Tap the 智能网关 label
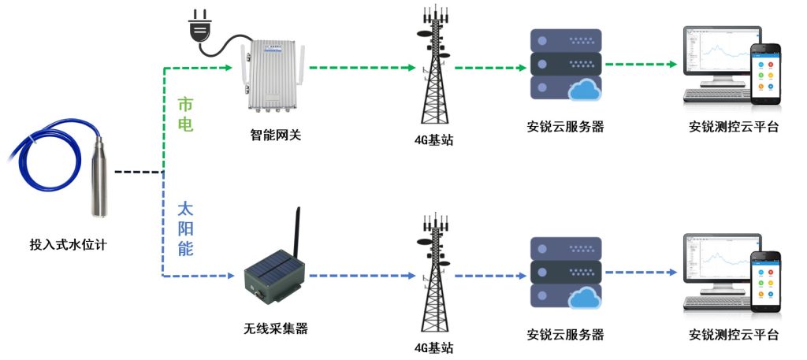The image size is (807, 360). tap(270, 135)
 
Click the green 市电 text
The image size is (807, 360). tap(184, 114)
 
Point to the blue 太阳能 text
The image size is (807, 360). tap(184, 229)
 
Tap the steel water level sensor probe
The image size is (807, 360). tap(100, 177)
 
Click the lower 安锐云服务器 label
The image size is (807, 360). tap(565, 334)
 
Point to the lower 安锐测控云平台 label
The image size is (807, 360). tap(733, 334)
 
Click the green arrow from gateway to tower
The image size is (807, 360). tap(363, 69)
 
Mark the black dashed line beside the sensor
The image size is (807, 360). tap(138, 171)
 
